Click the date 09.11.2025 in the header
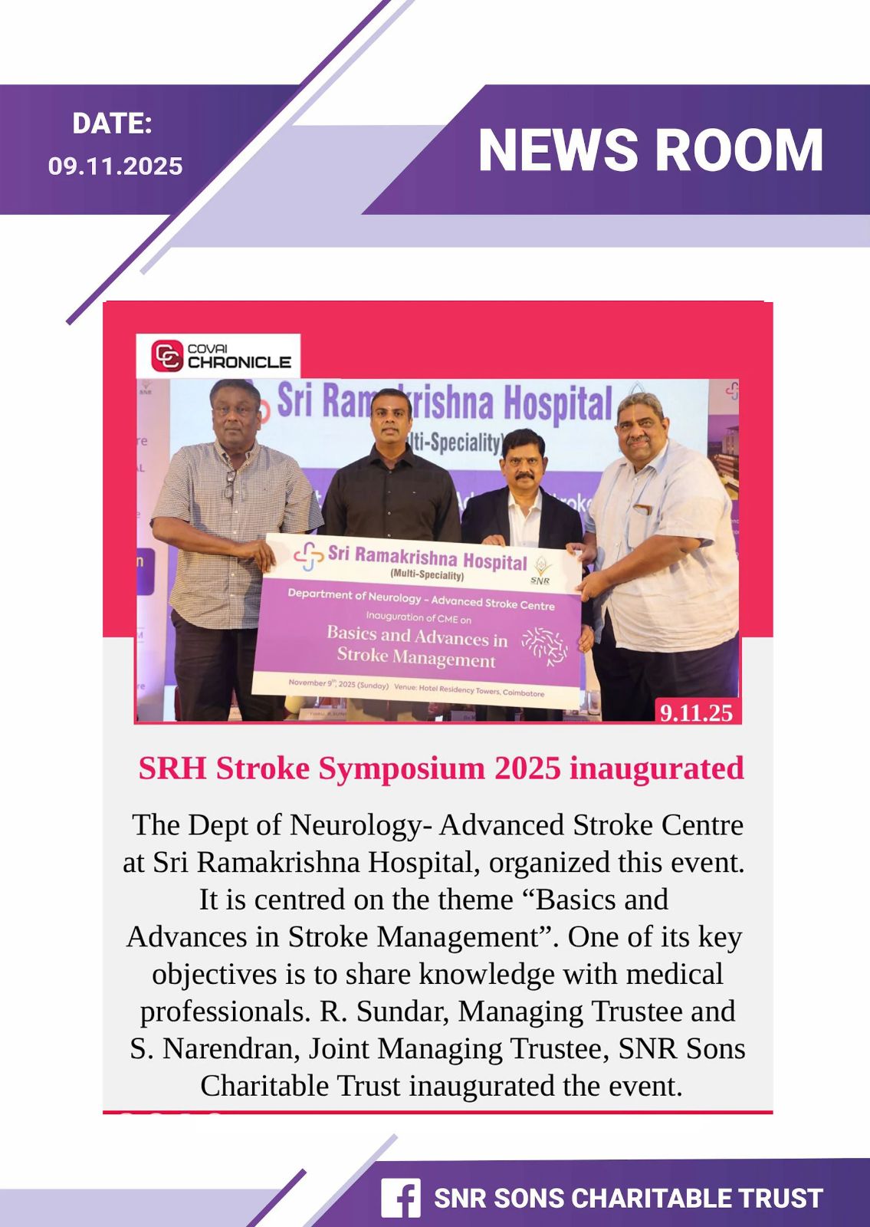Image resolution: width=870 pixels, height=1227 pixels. [x=115, y=166]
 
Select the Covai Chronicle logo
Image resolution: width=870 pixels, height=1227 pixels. [x=219, y=356]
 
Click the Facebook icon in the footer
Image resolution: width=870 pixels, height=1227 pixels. [x=401, y=1198]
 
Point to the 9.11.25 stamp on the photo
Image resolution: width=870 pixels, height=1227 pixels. [x=696, y=712]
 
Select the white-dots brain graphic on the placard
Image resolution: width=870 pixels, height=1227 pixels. [x=545, y=646]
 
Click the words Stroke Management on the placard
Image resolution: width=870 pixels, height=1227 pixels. [x=416, y=657]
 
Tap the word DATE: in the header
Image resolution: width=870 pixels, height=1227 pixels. [x=112, y=123]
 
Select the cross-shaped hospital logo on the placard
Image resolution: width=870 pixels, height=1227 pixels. [x=309, y=556]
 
